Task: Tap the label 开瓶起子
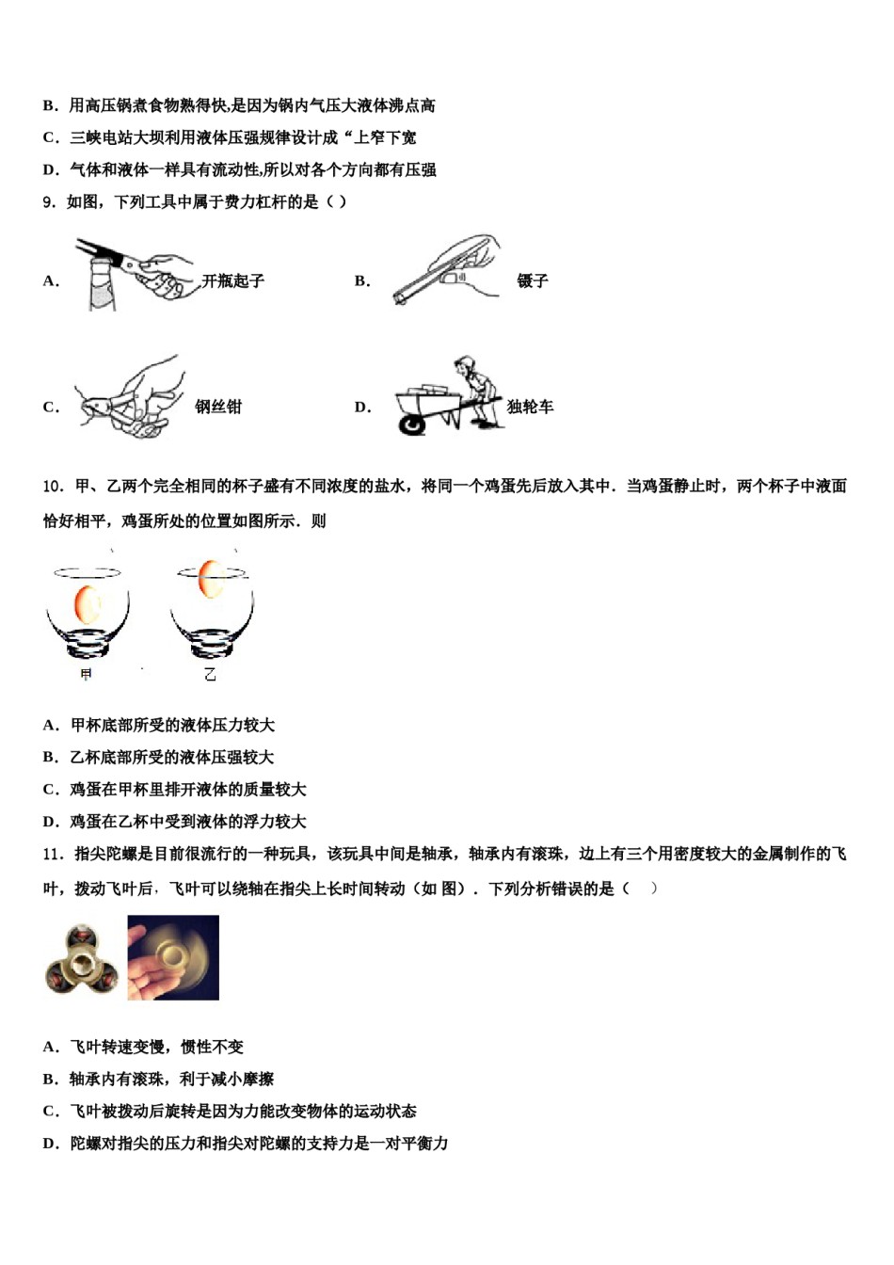pos(232,280)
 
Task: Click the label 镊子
pos(532,280)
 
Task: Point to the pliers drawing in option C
pos(127,400)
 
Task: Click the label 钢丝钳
pos(218,407)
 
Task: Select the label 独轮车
pos(530,407)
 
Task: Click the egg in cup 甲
pos(87,603)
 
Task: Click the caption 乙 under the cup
pos(210,674)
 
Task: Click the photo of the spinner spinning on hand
pos(173,957)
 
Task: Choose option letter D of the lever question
pos(362,407)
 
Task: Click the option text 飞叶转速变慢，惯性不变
pos(156,1047)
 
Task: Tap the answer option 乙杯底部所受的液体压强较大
pos(172,757)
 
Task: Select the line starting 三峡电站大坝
pos(243,137)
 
